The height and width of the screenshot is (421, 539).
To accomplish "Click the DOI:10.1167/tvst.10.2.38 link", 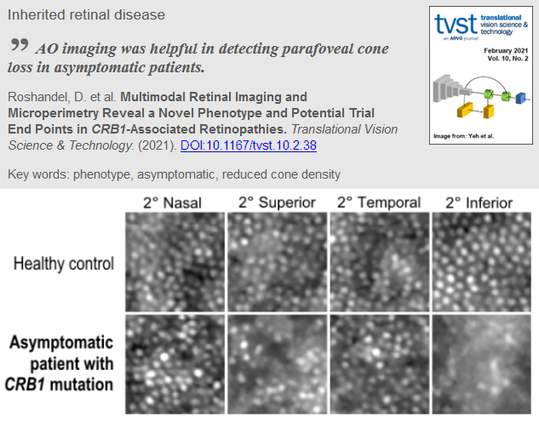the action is (x=248, y=145).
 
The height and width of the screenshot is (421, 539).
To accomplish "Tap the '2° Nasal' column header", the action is (x=172, y=203).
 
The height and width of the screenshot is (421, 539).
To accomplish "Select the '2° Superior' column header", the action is (x=277, y=202).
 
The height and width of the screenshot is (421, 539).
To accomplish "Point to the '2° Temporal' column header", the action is (x=379, y=202).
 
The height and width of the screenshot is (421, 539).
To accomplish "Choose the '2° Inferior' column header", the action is (x=479, y=203).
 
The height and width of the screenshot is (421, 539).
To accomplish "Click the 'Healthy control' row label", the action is (x=64, y=264).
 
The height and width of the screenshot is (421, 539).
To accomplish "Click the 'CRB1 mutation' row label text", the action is (x=59, y=384).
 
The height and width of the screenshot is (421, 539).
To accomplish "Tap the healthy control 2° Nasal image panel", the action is (x=175, y=262).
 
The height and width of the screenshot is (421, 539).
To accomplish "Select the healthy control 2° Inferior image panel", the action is (x=482, y=262).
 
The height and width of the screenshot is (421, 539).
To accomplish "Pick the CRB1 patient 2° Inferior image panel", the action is (x=482, y=364).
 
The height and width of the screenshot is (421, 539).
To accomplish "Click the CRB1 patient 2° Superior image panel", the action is (x=277, y=364).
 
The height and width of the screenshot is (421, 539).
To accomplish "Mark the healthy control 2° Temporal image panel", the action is (x=380, y=262).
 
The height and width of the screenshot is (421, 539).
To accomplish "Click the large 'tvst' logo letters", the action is (x=456, y=24).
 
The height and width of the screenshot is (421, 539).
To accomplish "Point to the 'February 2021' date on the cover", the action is (x=506, y=51).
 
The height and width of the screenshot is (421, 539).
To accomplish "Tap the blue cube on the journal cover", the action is (x=521, y=98).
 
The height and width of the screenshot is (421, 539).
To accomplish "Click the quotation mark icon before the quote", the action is (x=20, y=44).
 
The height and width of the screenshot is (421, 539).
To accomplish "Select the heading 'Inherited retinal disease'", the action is (x=86, y=14).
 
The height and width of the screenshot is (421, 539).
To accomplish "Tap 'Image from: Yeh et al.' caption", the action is (x=464, y=136).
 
